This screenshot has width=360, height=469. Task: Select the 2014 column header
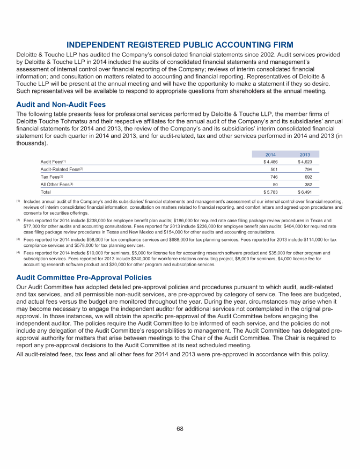pos(271,155)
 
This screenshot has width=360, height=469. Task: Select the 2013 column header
pos(305,155)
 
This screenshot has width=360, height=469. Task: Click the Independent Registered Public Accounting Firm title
pos(180,44)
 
